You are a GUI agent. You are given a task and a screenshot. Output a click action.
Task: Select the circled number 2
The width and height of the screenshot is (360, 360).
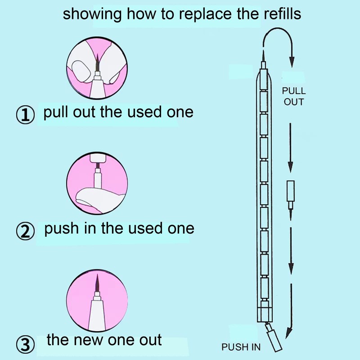pos(26,231)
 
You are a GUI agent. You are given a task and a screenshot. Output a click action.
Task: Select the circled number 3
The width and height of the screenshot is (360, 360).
pos(26,344)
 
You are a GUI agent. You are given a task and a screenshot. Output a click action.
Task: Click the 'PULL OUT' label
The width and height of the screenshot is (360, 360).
pos(293,96)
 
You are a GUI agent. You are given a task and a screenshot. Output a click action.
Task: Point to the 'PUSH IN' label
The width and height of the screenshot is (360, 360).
pos(241,347)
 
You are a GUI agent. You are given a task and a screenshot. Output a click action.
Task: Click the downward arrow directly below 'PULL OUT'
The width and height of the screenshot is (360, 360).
pos(291,144)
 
